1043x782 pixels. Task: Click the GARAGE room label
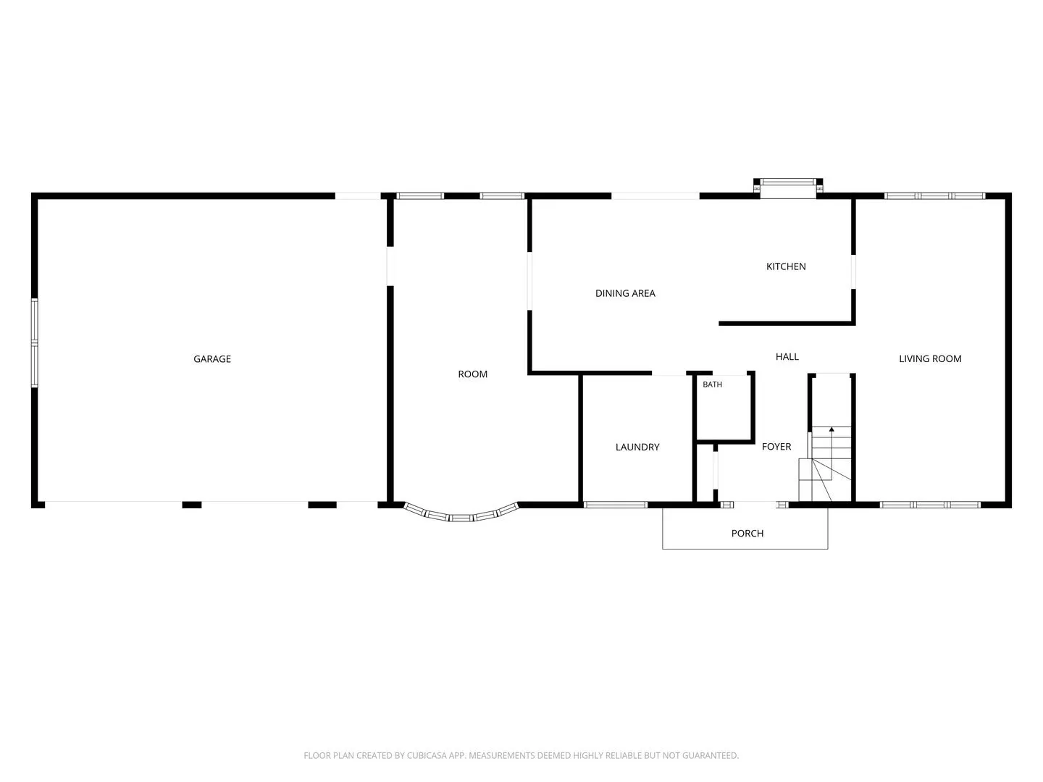[x=212, y=359]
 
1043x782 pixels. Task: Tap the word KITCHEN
[x=786, y=266]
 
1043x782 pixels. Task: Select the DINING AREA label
[x=625, y=293]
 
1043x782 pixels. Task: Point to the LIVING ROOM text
[x=930, y=359]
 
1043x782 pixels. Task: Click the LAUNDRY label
[x=637, y=447]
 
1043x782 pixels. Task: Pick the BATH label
[x=712, y=384]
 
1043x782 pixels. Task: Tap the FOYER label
[x=776, y=446]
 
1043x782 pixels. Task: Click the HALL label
[x=787, y=356]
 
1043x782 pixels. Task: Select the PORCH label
[x=747, y=533]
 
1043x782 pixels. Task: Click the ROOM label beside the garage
[x=472, y=374]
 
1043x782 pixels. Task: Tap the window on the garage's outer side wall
[x=34, y=342]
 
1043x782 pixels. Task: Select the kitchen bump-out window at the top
[x=788, y=182]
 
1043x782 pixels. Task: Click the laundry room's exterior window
[x=616, y=505]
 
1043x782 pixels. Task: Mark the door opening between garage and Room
[x=390, y=266]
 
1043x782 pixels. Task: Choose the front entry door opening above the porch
[x=755, y=505]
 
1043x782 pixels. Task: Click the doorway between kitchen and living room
[x=853, y=272]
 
